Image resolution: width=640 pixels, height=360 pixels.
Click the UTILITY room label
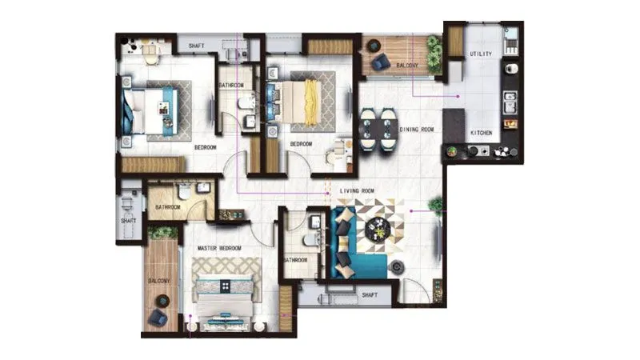click(481, 54)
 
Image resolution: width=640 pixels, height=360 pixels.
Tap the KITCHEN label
click(481, 132)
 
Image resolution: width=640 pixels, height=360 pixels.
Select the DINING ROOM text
click(416, 129)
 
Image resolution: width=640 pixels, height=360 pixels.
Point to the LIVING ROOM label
click(357, 190)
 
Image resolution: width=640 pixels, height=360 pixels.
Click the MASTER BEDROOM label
click(218, 249)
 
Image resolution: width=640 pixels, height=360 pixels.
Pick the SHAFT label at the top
click(197, 46)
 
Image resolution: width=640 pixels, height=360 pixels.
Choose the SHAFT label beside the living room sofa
click(370, 294)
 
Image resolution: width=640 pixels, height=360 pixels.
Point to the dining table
click(378, 130)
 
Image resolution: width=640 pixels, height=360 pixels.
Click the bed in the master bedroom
click(224, 300)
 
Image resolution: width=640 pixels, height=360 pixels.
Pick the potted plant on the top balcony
click(434, 51)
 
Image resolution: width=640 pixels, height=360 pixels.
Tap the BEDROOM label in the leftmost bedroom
click(206, 147)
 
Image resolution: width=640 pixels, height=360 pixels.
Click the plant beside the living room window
click(437, 205)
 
